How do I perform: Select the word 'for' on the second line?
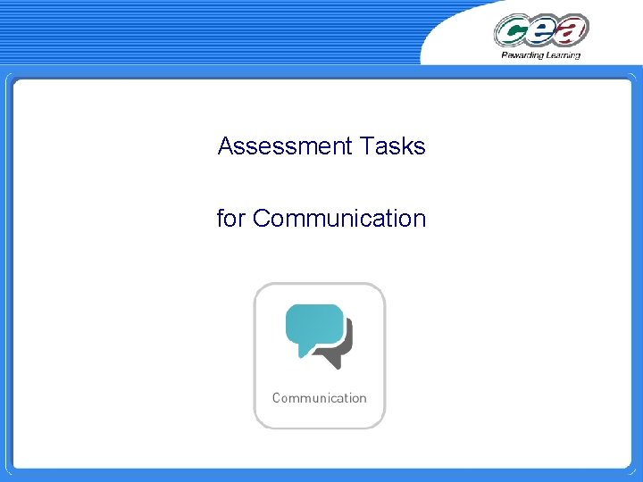(x=230, y=218)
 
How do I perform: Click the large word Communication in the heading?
(x=339, y=218)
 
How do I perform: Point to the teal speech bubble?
(x=313, y=327)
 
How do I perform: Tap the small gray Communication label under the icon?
(x=319, y=398)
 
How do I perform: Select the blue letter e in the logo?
(x=542, y=32)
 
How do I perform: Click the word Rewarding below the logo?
(x=520, y=55)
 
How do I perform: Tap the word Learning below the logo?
(x=561, y=55)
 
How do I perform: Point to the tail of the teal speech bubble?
(x=304, y=351)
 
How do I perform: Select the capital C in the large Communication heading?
(x=262, y=218)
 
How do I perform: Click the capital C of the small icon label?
(x=276, y=398)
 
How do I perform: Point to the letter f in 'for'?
(x=221, y=218)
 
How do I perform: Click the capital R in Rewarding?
(x=504, y=55)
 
